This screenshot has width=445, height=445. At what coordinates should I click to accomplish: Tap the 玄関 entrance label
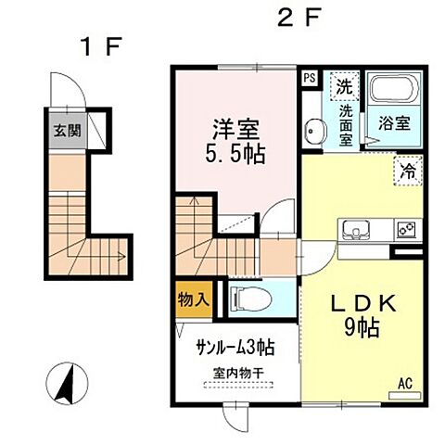click(x=66, y=130)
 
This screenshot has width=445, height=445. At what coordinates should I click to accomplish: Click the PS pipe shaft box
click(x=309, y=79)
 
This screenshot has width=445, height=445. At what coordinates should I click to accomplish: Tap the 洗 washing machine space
click(x=344, y=89)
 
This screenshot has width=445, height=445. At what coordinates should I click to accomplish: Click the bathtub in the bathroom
click(x=394, y=91)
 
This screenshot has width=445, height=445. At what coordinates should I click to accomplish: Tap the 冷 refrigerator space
click(x=406, y=170)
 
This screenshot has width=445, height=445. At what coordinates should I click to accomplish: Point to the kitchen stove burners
click(x=405, y=228)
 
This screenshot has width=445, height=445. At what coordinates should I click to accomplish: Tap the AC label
click(x=404, y=382)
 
